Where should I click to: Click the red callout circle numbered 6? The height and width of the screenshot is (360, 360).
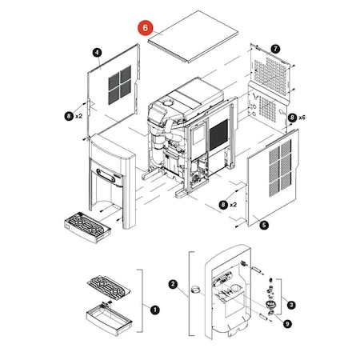coord(146,28)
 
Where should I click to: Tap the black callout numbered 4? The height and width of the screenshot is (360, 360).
coord(97,52)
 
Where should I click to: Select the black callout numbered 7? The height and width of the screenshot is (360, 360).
coord(275,49)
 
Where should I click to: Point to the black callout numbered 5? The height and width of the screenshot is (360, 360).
coord(264,225)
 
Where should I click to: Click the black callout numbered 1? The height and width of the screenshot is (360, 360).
coord(155,310)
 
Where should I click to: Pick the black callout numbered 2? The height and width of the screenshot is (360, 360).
coord(173,284)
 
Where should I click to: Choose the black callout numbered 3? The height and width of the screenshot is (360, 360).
coord(291,305)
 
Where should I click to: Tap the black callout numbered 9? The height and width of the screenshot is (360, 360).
coord(287,324)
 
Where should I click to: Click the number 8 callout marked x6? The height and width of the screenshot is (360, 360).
coord(292,118)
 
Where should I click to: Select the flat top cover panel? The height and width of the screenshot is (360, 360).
coord(193,37)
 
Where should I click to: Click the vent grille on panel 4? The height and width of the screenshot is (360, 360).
coord(119,85)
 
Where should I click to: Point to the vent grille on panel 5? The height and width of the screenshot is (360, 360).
coord(280,168)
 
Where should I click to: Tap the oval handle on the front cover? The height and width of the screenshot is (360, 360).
coord(106,176)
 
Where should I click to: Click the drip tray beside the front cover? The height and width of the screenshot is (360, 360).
coord(87,227)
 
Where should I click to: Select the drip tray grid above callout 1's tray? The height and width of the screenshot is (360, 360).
coord(109,288)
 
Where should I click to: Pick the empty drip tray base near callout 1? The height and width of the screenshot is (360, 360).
coord(110,318)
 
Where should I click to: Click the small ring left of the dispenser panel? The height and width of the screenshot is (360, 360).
coord(195,290)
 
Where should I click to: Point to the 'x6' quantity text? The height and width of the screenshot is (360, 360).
coord(302,118)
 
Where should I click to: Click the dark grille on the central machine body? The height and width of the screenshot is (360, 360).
coord(218,134)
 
